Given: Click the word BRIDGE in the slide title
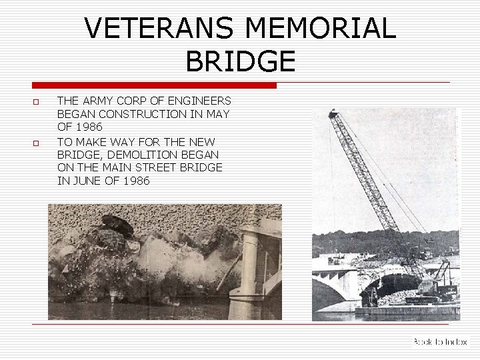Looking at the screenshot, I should [240, 62].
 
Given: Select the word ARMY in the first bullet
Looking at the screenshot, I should [100, 101].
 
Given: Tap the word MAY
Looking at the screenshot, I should [217, 114].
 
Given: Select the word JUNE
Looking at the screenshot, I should [87, 181].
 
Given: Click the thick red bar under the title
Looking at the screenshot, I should [155, 85].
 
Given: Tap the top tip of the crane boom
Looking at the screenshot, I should [331, 113].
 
